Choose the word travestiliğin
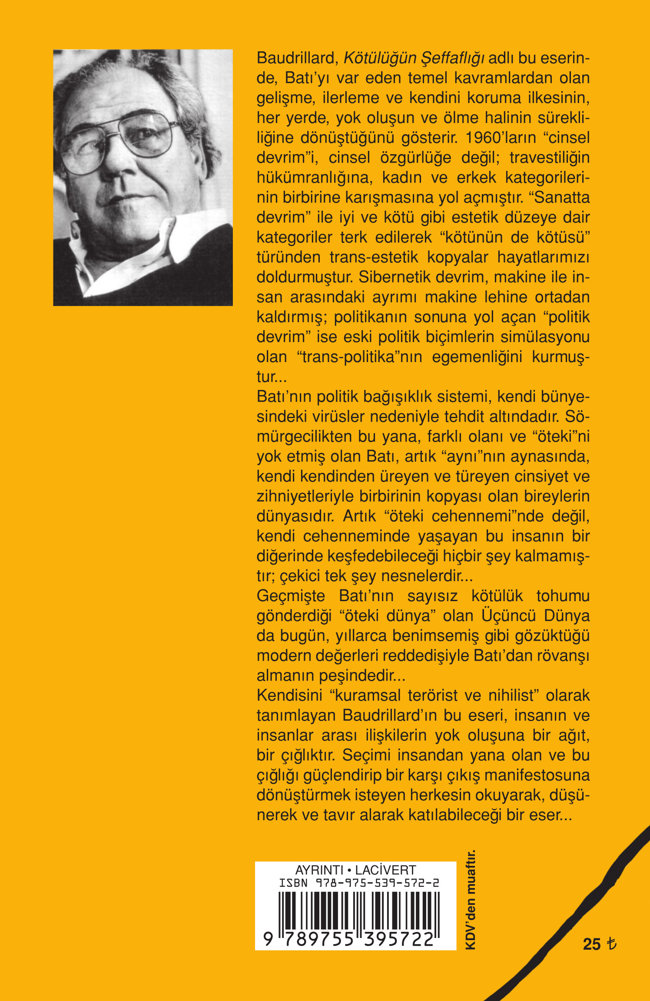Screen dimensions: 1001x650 pos(549,157)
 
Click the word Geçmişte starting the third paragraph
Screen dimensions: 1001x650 pos(291,596)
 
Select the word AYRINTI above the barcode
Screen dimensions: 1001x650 pos(319,870)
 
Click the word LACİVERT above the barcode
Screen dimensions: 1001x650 pos(385,870)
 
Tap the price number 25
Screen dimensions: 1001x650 pos(591,944)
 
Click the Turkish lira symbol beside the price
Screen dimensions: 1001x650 pos(611,944)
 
